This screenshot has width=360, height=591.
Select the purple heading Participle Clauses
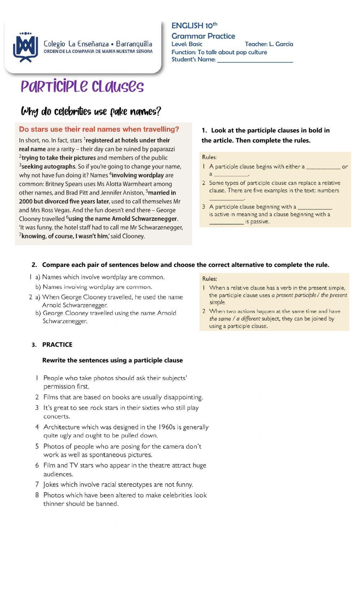tap(82, 87)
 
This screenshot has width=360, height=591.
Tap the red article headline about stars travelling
tap(99, 129)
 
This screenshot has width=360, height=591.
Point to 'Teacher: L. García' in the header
tap(269, 44)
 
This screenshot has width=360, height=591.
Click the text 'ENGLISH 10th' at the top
tap(194, 26)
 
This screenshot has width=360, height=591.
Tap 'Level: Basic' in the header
tap(187, 44)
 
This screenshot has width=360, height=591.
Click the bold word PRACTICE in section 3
tap(57, 345)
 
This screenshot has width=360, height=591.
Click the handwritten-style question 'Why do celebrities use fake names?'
tap(91, 112)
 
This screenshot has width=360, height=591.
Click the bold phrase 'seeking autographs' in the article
tap(48, 167)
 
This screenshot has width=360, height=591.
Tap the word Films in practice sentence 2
tap(51, 397)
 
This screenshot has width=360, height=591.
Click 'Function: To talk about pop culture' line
tap(219, 52)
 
